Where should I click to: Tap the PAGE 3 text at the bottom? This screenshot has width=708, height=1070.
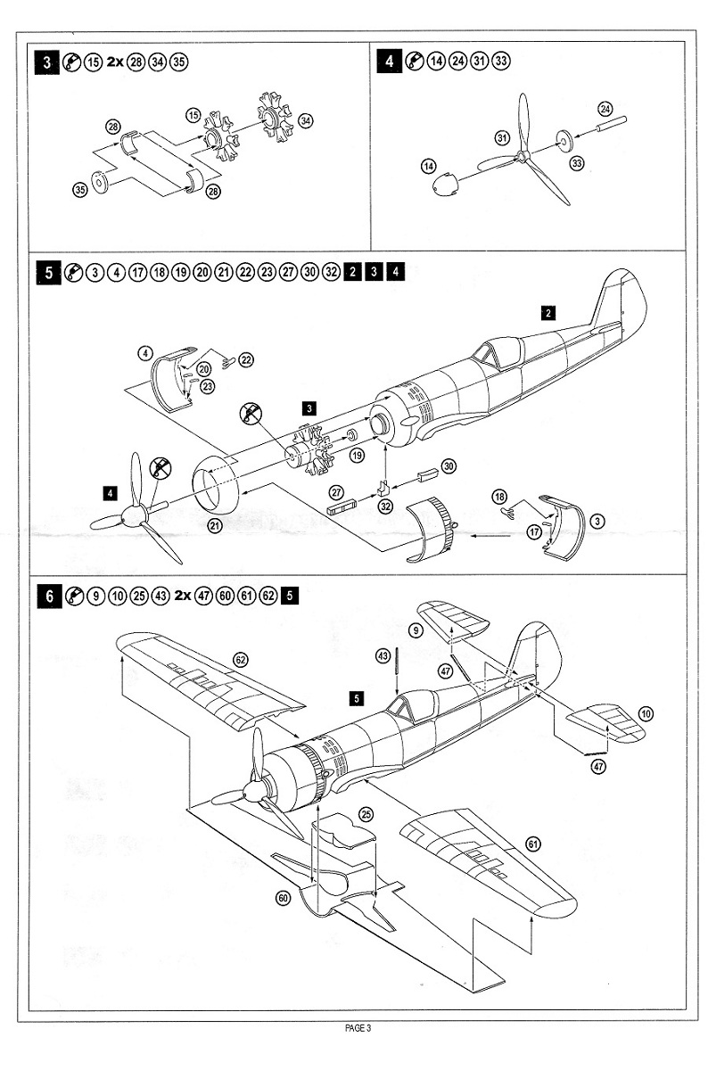pyautogui.click(x=357, y=1028)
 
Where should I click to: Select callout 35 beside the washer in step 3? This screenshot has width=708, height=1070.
pyautogui.click(x=79, y=188)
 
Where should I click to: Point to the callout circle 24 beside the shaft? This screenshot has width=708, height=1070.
pyautogui.click(x=606, y=110)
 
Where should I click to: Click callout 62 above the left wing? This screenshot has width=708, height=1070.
pyautogui.click(x=240, y=660)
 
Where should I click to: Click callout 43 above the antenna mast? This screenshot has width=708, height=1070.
pyautogui.click(x=383, y=655)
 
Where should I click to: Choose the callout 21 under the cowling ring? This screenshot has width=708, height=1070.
pyautogui.click(x=215, y=525)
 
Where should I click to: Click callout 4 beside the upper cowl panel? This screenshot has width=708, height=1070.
pyautogui.click(x=145, y=354)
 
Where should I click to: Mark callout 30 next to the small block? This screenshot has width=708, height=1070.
pyautogui.click(x=449, y=466)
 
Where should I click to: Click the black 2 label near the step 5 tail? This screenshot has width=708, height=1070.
pyautogui.click(x=549, y=312)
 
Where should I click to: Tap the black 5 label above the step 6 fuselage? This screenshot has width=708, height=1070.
pyautogui.click(x=357, y=698)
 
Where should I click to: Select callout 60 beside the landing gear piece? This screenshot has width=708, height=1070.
pyautogui.click(x=284, y=898)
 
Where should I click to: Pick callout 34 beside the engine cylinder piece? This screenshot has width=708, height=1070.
pyautogui.click(x=306, y=120)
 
